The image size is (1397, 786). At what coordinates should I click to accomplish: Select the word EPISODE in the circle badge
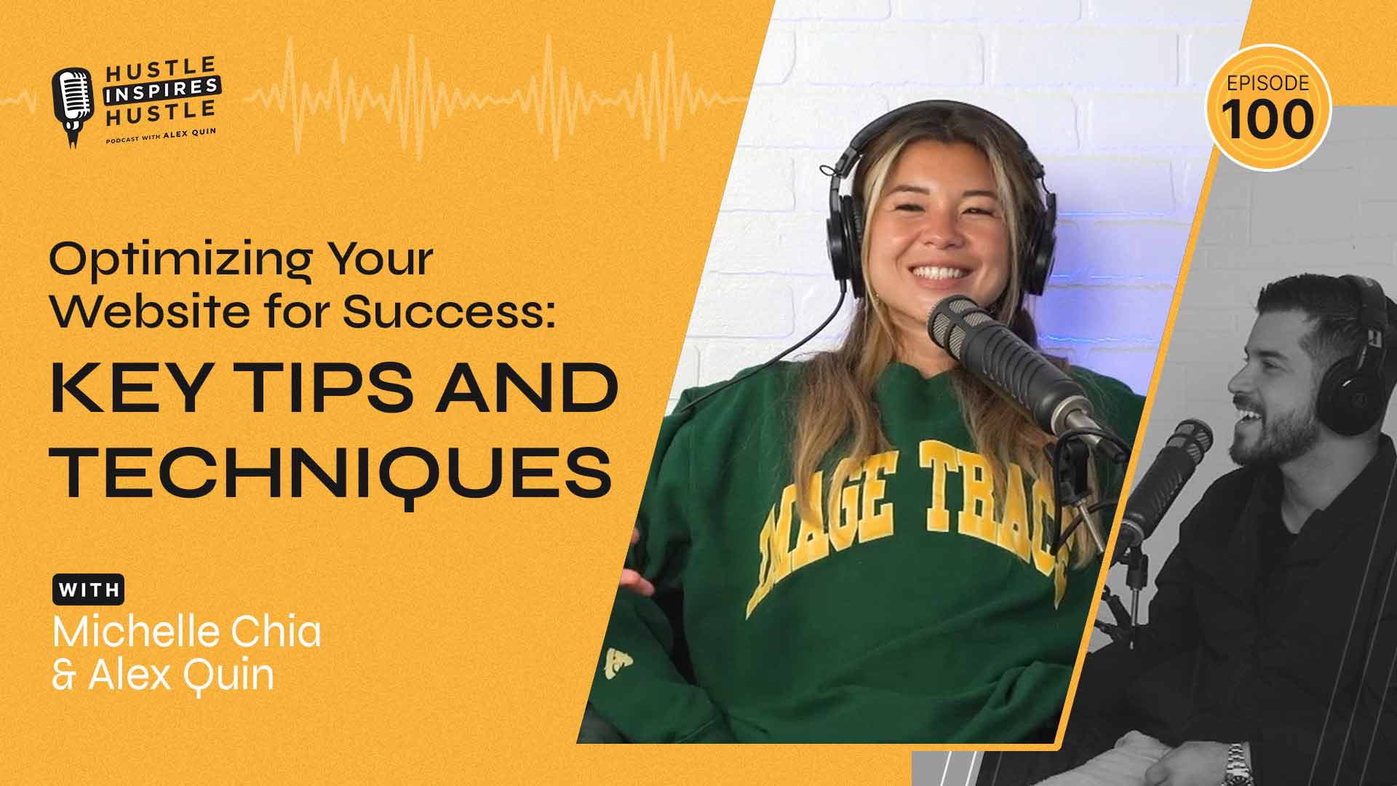(1268, 84)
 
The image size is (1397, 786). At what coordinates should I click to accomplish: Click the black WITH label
(88, 590)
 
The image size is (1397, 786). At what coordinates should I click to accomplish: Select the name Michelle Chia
(187, 632)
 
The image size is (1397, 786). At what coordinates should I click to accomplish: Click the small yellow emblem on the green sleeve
(617, 662)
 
